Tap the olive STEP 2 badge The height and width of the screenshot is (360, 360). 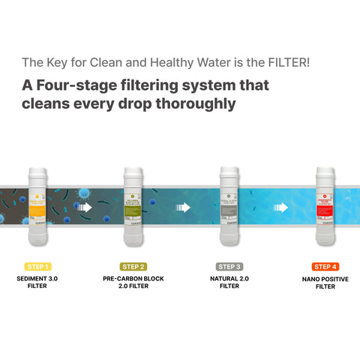click(133, 266)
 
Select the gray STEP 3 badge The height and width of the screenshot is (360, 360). click(229, 266)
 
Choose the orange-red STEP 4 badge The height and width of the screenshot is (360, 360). click(325, 266)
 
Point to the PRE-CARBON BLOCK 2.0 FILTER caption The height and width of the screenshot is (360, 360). click(133, 282)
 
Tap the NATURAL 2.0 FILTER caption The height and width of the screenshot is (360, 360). click(229, 282)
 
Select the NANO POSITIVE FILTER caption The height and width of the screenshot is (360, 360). click(325, 282)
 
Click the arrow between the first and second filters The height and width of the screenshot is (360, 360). click(85, 207)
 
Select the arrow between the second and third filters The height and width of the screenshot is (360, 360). click(181, 207)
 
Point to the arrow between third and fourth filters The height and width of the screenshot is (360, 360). click(280, 207)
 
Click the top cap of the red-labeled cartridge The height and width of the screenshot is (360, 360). click(325, 172)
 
